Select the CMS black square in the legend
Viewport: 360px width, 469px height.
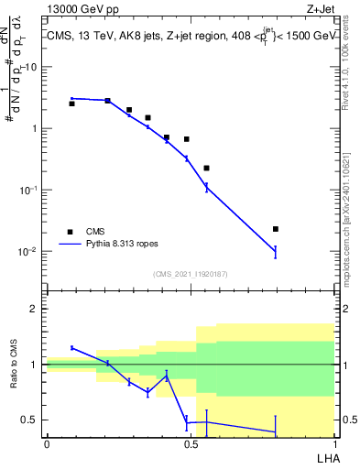[x=71, y=232]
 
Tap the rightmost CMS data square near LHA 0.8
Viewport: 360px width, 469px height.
[x=276, y=229]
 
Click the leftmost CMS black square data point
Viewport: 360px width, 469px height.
[x=71, y=104]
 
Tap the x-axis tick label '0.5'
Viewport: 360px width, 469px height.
[x=190, y=443]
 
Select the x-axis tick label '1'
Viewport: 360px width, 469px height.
[x=333, y=443]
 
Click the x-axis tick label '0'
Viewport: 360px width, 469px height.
[x=46, y=443]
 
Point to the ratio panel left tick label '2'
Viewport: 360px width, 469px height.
[x=36, y=309]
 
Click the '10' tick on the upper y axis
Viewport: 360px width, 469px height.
[x=32, y=67]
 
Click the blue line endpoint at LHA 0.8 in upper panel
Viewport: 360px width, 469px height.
[x=276, y=250]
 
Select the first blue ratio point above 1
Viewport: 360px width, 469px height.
[x=71, y=347]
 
